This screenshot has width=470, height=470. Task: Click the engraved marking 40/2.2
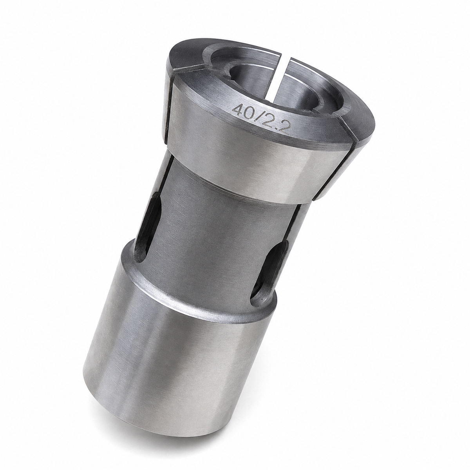261,118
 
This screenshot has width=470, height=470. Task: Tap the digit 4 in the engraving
238,110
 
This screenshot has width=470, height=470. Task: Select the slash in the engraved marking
260,118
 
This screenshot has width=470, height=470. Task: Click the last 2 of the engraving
284,128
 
